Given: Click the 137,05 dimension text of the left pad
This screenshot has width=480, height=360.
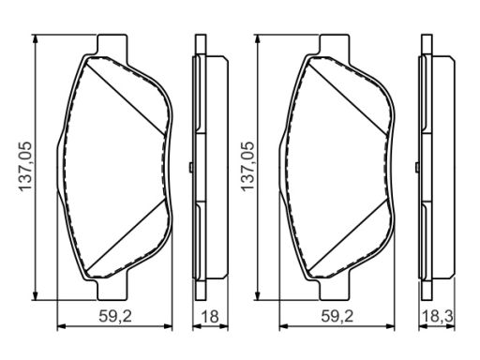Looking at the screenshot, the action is tap(25, 166).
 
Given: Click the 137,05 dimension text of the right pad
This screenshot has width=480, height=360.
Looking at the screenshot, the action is tap(247, 166).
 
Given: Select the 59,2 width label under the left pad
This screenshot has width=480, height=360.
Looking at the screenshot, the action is tap(115, 317).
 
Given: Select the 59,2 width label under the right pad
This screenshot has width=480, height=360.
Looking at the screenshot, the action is tap(337, 317).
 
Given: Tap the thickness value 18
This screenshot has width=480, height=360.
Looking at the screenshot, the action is tap(210, 317).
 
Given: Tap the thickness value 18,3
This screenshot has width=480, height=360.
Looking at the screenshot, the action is tap(437, 317).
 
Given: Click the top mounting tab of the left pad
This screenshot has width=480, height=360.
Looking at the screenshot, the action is tap(112, 45).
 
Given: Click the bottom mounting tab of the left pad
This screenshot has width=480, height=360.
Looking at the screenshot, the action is tap(112, 289).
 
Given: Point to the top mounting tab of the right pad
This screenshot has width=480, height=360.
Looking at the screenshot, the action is tap(335, 45).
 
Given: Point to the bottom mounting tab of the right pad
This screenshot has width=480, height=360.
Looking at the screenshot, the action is tap(335, 289).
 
